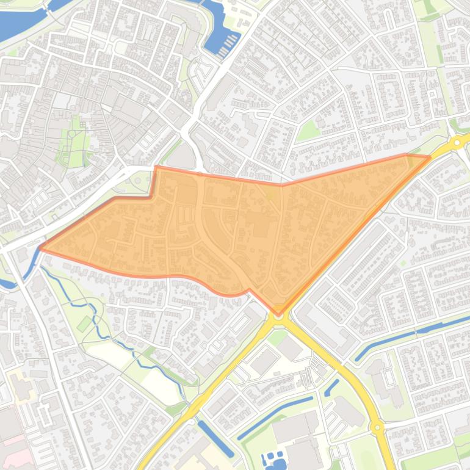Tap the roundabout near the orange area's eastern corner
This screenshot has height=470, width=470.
coord(457,142)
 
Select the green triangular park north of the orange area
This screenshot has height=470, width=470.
coord(309,129)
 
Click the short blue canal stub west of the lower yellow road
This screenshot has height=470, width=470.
coord(333,387)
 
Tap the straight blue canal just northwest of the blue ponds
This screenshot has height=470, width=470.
coord(275,418)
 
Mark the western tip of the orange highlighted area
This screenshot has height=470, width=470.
coord(40,247)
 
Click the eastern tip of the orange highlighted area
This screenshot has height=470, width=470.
coord(429,157)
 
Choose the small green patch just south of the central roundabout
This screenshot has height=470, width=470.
coord(278,334)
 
